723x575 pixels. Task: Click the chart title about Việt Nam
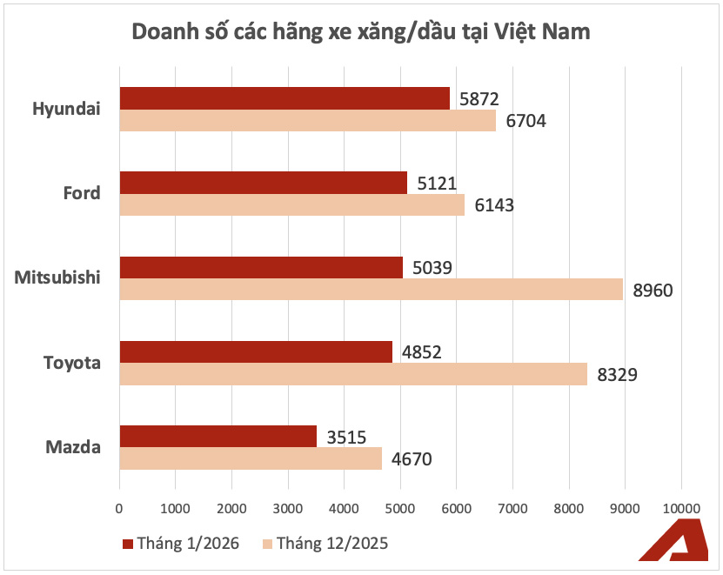pos(361,32)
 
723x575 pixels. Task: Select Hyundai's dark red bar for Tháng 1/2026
pos(285,98)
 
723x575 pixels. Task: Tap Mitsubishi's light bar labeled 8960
pos(371,289)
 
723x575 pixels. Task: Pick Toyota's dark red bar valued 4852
pos(256,352)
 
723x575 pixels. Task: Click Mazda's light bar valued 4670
pos(251,458)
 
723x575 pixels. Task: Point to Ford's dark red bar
pos(263,183)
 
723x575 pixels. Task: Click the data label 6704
pos(526,121)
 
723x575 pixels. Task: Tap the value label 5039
pos(433,267)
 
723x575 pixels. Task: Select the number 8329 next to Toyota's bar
pos(618,375)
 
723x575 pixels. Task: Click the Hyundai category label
pos(66,109)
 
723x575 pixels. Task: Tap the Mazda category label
pos(73,448)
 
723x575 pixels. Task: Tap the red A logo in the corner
pos(674,545)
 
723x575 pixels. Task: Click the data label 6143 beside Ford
pos(494,205)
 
